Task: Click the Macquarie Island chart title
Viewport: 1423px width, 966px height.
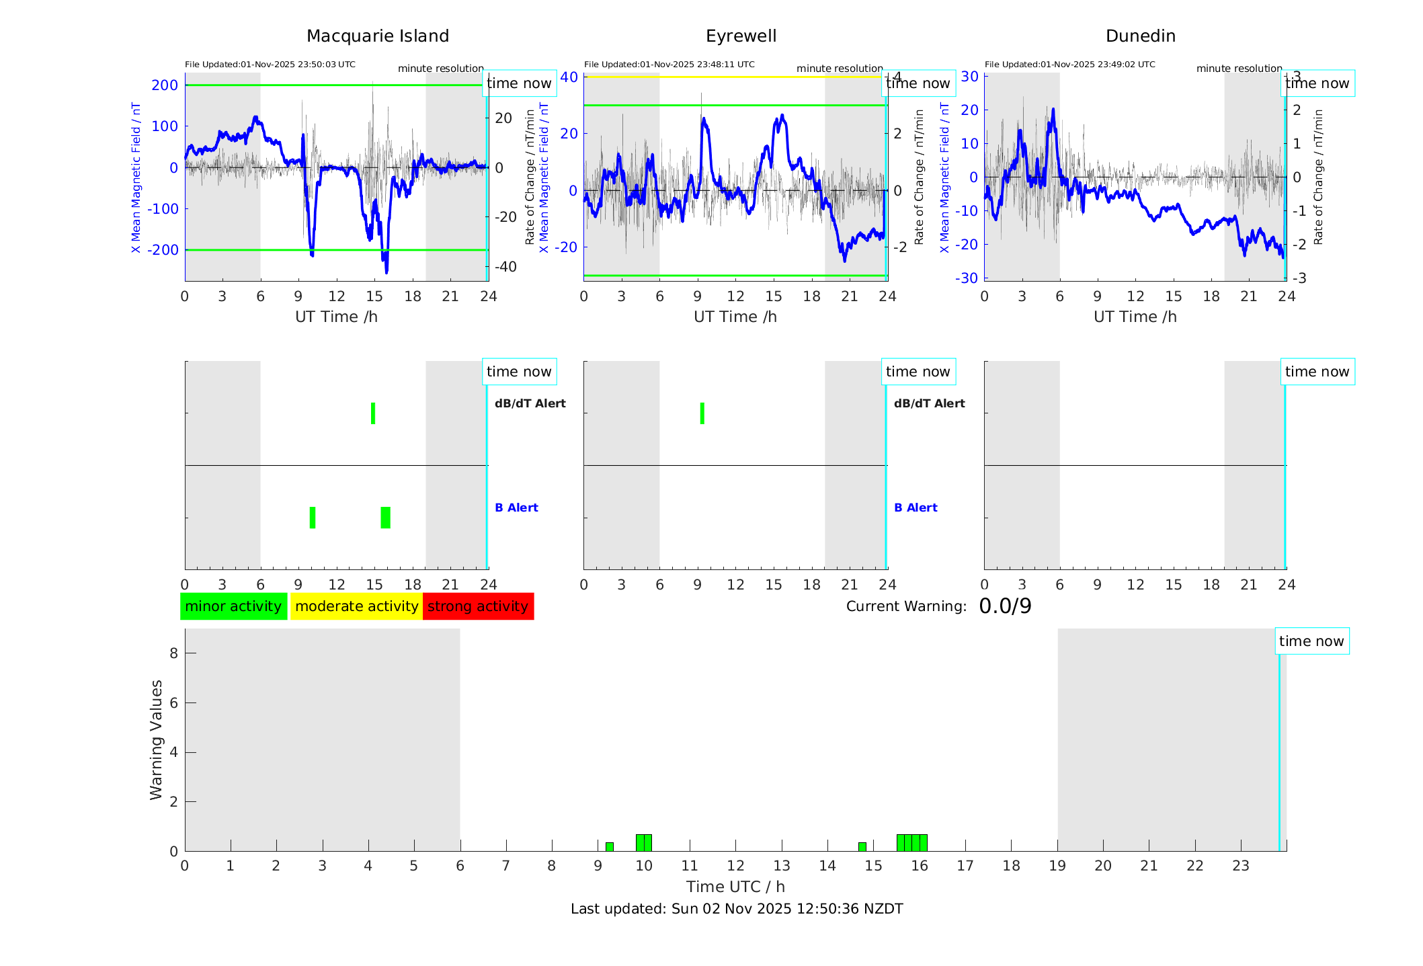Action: point(377,36)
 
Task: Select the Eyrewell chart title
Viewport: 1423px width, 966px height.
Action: point(741,36)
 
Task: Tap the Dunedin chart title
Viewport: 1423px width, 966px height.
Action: point(1140,36)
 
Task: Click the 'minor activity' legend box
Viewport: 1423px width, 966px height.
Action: point(233,606)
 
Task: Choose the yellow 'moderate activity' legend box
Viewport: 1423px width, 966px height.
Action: point(356,606)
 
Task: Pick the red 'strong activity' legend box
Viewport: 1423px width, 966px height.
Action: point(478,606)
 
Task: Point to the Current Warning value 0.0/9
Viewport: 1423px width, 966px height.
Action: point(1005,606)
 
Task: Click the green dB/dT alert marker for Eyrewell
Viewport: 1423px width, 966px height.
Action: point(702,413)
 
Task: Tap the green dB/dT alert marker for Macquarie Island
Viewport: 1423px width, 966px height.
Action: point(373,413)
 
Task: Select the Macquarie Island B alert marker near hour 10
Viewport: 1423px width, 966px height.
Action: point(313,518)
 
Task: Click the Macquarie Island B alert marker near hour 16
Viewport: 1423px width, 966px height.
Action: point(385,518)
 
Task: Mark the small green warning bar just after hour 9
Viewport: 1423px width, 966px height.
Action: point(609,847)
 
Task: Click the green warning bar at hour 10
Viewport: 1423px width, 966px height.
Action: point(643,843)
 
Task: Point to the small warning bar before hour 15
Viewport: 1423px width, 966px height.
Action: point(862,847)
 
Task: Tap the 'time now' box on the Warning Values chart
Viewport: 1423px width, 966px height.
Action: point(1311,641)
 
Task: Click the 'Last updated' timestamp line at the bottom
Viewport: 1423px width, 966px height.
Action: point(737,909)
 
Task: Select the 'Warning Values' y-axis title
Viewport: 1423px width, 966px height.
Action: point(157,739)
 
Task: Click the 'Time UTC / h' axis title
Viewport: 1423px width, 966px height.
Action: point(735,887)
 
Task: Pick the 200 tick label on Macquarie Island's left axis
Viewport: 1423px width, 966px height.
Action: point(165,85)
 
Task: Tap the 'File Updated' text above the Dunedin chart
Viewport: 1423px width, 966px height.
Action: point(1069,65)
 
